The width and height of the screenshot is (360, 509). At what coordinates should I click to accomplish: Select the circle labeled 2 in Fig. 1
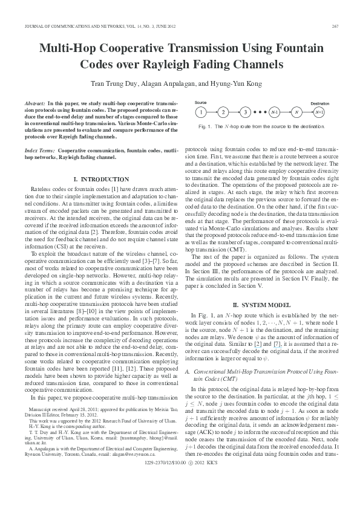223,112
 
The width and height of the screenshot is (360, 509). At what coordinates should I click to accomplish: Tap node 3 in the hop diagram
244,112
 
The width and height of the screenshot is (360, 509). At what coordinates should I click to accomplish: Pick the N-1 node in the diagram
291,112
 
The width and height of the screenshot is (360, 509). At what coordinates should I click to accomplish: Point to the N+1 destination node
336,112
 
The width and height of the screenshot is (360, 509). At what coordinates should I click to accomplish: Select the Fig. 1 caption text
266,126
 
